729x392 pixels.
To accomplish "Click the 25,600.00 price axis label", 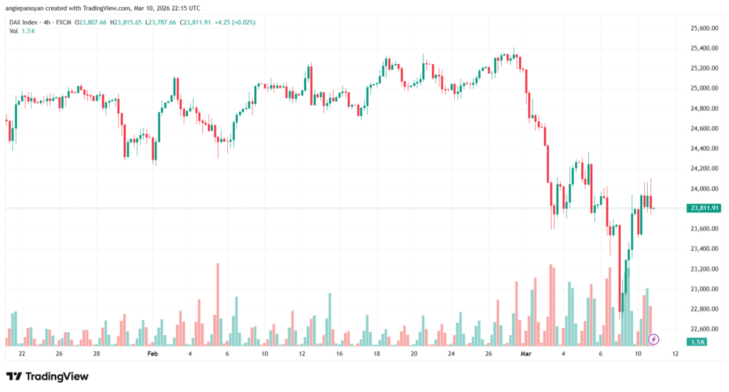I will click(x=704, y=29).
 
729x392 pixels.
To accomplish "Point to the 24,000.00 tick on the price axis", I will click(x=704, y=189).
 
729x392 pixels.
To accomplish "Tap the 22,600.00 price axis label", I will click(x=704, y=329).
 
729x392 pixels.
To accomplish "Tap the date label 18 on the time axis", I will click(x=376, y=354).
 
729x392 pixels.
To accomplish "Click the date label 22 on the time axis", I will click(x=22, y=354).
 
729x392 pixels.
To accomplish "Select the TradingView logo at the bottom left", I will click(x=48, y=376).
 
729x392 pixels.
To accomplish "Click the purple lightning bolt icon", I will click(x=654, y=339).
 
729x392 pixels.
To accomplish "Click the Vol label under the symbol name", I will click(x=14, y=31).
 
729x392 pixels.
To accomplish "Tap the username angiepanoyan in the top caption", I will click(x=28, y=8).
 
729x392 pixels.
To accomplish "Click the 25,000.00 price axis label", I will click(x=704, y=88).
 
